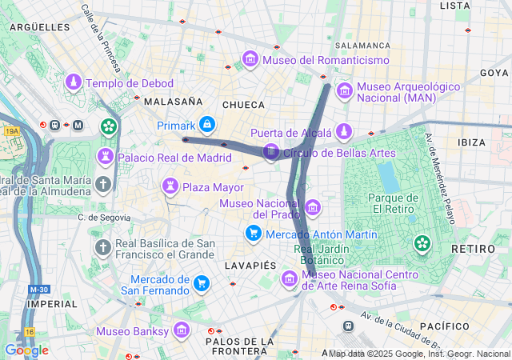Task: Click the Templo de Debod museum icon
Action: (x=74, y=82)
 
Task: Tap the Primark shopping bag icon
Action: (x=207, y=125)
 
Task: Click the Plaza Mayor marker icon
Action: (x=170, y=187)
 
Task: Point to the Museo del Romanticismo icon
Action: (x=250, y=60)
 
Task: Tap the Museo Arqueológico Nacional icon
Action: (x=345, y=90)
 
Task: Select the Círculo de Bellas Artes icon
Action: (x=271, y=151)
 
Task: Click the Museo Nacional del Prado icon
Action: (x=313, y=208)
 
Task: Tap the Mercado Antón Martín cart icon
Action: (x=254, y=233)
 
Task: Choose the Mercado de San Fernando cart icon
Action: (x=202, y=283)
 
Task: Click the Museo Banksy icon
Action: (x=182, y=330)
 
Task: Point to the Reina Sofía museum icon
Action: (x=289, y=278)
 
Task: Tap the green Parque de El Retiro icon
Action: (x=422, y=242)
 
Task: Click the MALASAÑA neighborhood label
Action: (x=172, y=102)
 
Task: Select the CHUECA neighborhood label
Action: (x=243, y=104)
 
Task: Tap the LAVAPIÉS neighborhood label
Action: (x=248, y=264)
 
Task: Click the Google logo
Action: (x=26, y=350)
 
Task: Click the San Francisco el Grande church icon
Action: (x=102, y=248)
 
